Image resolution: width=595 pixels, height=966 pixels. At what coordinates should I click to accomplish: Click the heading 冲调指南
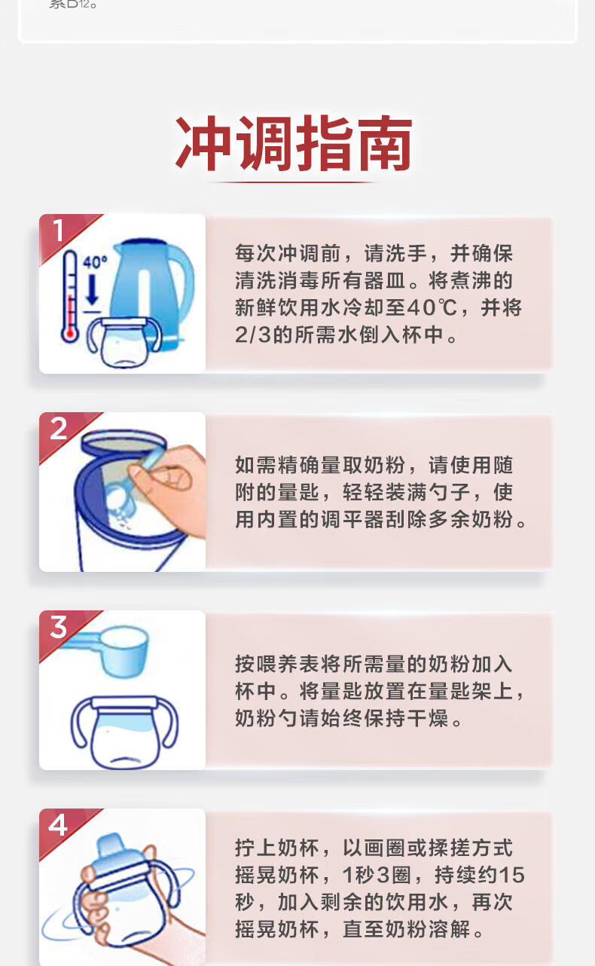coord(294,143)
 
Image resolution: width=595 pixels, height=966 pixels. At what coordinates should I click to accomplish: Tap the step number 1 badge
coord(58,231)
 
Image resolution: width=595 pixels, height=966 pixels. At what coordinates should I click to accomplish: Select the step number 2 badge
coord(59,429)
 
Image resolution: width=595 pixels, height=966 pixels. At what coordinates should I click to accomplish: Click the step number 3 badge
coord(59,627)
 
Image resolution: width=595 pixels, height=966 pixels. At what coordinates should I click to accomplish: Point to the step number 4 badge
coord(58,825)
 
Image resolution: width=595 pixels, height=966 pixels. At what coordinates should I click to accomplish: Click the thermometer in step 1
coord(70,298)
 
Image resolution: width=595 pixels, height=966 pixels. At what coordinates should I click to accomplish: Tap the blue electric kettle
coord(151,289)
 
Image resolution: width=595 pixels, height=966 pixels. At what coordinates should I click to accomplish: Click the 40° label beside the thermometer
coord(95,262)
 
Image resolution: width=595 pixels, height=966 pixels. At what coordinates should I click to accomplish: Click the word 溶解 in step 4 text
coord(450,929)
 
